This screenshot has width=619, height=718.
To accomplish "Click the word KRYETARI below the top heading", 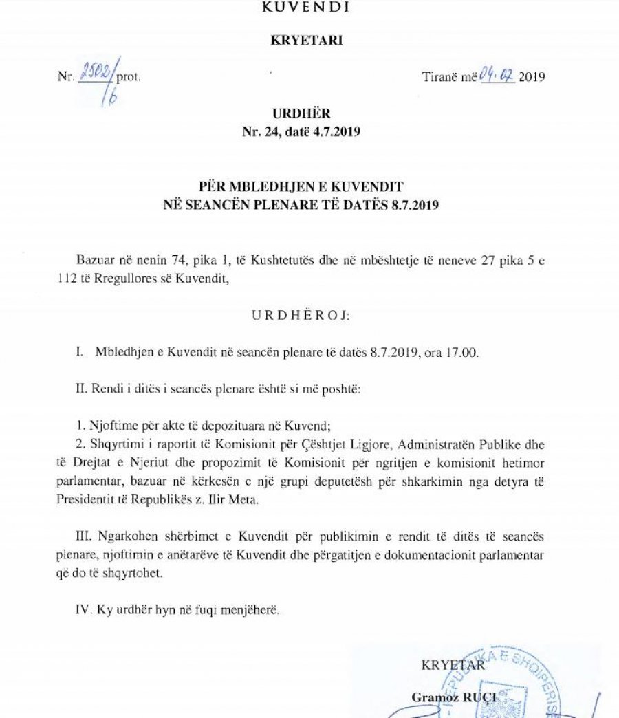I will pos(307,40).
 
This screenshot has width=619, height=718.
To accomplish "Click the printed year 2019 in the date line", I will pos(532,77).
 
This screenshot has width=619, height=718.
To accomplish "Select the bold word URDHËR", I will pos(306,114).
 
